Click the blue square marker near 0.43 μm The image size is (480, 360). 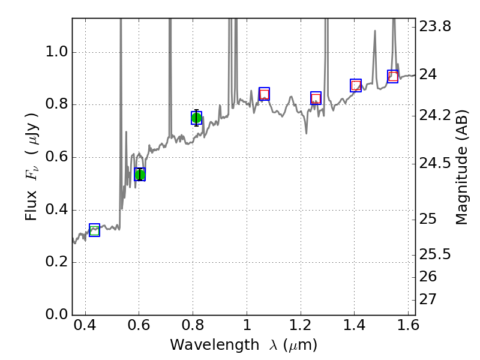tap(94, 230)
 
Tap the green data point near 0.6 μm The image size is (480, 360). tap(140, 175)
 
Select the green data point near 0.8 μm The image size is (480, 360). tap(196, 118)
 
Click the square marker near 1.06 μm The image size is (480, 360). tap(264, 94)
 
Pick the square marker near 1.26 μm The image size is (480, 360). tap(316, 98)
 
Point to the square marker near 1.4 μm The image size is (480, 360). tap(356, 85)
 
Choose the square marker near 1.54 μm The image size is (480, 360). tap(393, 76)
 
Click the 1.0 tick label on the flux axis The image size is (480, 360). tap(57, 53)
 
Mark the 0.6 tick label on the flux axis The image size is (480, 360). tap(57, 158)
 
